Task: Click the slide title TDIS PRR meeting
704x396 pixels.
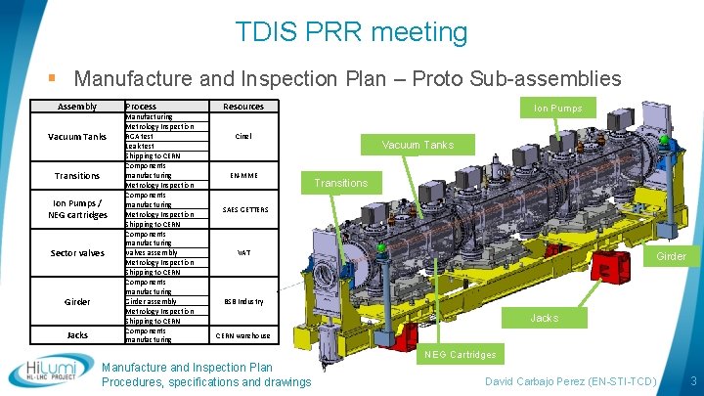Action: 352,31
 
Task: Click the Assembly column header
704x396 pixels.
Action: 77,106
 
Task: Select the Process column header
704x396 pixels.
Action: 141,106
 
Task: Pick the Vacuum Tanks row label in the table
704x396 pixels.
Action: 77,137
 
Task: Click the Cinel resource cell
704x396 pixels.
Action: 243,137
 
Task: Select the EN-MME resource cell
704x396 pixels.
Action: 243,176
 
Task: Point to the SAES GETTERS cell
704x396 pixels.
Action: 244,210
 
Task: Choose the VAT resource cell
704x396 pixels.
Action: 244,253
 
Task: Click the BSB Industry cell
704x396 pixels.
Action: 243,301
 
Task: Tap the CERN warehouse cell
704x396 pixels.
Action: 243,335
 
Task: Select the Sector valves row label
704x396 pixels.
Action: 77,253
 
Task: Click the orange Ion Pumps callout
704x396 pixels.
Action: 557,109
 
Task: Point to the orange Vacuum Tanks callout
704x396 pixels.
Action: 418,145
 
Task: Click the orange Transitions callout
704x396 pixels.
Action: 340,183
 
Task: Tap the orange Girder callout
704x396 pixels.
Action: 671,256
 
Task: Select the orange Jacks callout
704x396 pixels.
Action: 545,318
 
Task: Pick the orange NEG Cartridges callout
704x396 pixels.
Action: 461,354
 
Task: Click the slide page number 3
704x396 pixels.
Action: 692,378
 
